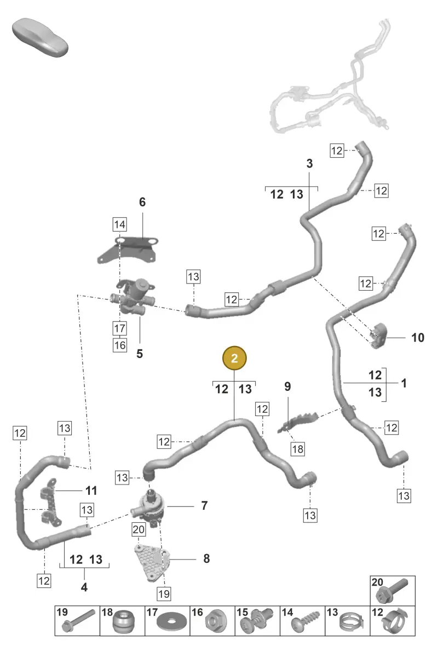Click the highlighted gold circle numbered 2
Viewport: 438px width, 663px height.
click(234, 358)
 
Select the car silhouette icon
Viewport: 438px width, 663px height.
click(40, 37)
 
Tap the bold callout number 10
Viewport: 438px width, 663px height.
click(418, 337)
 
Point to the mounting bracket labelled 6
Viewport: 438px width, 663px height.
click(128, 250)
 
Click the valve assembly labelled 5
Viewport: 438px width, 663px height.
click(132, 297)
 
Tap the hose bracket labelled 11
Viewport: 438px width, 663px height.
click(50, 503)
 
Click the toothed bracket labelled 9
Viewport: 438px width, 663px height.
click(297, 422)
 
